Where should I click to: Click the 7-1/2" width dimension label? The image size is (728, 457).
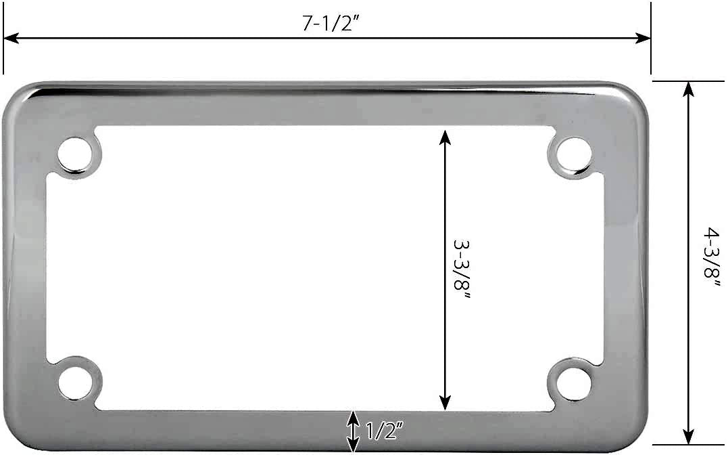pos(329,23)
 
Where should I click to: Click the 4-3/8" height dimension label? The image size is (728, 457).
pos(712,257)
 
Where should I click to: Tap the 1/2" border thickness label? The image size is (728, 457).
pos(384,431)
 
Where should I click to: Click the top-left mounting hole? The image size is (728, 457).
pos(74,153)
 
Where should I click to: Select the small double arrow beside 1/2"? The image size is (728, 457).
pos(353,431)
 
